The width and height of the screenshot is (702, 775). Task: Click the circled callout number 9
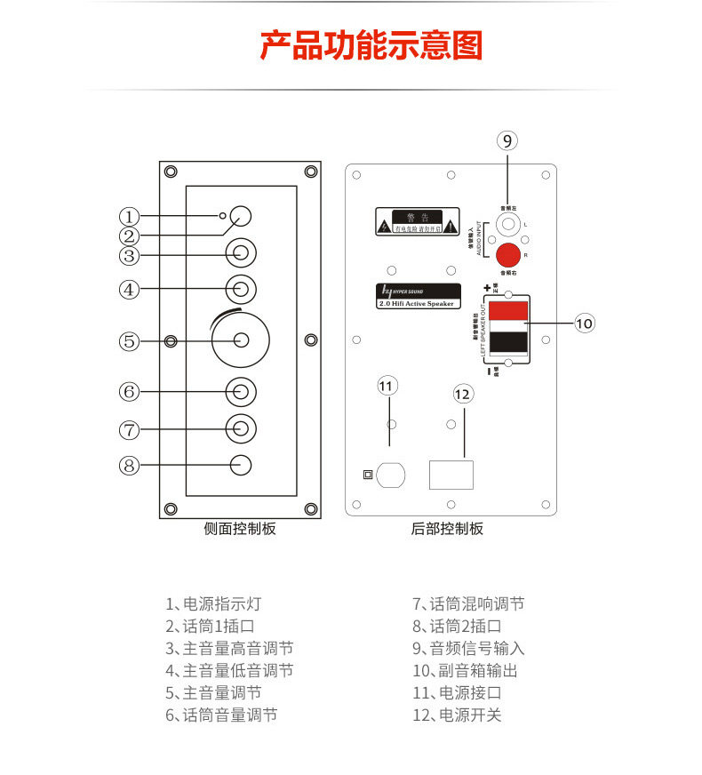[506, 140]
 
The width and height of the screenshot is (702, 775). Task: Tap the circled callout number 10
[584, 323]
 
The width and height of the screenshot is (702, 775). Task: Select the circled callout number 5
[130, 340]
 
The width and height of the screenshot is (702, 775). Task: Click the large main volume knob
[240, 340]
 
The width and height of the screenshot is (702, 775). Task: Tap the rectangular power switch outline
[451, 475]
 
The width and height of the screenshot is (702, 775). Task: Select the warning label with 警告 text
[416, 220]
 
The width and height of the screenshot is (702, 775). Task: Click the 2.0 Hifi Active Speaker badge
[416, 296]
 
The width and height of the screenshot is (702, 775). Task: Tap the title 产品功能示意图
[371, 45]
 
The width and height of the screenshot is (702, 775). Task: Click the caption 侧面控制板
[239, 529]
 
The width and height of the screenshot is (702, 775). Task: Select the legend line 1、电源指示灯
[212, 603]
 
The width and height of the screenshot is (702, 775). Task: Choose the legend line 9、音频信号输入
[467, 648]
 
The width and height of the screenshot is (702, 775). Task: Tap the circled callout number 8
[130, 465]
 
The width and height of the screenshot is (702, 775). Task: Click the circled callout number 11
[386, 386]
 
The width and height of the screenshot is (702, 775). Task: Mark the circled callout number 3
[130, 255]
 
